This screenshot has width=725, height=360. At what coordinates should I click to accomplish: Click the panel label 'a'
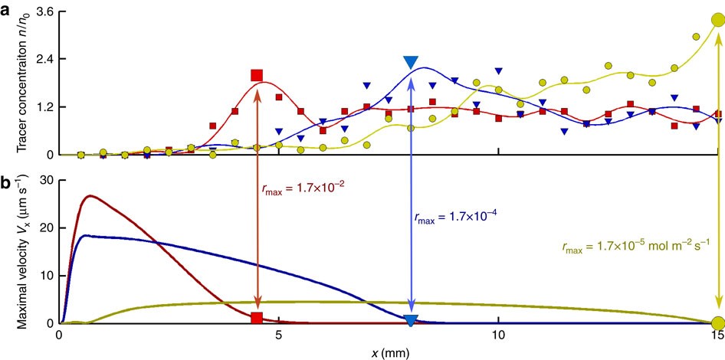6,8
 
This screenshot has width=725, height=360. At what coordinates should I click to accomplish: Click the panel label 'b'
6,183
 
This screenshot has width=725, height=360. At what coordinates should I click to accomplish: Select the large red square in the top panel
257,75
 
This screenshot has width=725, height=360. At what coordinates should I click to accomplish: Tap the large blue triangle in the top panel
411,63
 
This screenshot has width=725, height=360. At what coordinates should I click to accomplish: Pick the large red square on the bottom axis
258,319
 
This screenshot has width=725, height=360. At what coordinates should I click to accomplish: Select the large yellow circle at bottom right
718,322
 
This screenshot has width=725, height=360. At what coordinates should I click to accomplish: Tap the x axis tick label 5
279,335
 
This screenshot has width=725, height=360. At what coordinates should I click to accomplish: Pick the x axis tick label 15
717,335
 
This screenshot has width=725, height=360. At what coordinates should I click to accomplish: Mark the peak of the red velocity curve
91,196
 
